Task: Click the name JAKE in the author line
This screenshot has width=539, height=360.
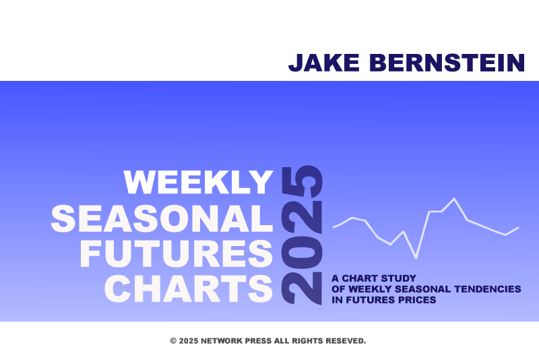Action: tap(324, 63)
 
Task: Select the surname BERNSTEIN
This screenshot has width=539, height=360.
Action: tap(447, 63)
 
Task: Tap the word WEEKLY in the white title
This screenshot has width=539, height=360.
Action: tap(198, 182)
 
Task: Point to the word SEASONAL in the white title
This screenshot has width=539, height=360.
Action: tap(162, 218)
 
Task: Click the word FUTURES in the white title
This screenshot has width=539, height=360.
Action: tap(177, 253)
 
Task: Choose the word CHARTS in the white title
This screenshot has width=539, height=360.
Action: tap(189, 289)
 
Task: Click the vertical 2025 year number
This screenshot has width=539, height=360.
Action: tap(302, 235)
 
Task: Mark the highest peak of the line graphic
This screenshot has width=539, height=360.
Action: tap(454, 198)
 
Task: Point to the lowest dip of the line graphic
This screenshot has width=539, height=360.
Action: tap(416, 258)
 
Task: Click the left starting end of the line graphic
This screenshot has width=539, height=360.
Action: tap(334, 227)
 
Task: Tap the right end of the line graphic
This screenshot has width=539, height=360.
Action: tap(518, 228)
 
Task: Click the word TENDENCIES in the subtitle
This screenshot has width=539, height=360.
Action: tap(487, 289)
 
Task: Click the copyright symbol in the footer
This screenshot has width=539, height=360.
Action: tap(173, 340)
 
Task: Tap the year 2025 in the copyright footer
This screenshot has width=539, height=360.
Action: tap(189, 340)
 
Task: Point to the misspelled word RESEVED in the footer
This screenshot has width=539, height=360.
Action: tap(346, 340)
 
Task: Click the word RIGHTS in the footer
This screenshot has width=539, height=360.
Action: tap(307, 340)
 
